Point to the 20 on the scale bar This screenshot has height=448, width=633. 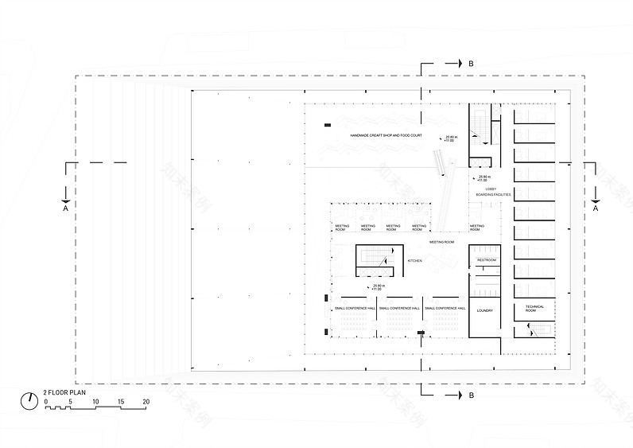point(146,402)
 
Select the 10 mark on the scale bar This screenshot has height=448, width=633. point(95,402)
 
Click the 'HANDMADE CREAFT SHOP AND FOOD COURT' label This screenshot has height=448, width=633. point(386,137)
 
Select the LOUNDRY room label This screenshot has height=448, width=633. point(486,310)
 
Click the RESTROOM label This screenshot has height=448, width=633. point(487,260)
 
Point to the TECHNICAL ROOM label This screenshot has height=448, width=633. point(534,309)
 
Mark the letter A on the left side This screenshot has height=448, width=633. point(65,208)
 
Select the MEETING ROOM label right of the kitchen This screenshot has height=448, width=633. point(441,241)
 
